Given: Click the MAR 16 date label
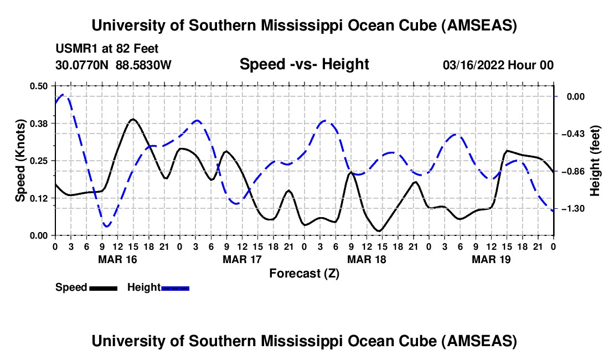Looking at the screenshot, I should (x=117, y=259).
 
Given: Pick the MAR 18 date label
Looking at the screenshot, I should (x=366, y=259).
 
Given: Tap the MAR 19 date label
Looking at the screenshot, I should (x=491, y=259).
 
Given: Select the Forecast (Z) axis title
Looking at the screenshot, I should (x=304, y=273).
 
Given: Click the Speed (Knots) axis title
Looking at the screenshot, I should (x=20, y=161).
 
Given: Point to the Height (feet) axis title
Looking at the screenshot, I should (x=595, y=161).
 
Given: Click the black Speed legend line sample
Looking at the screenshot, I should (x=102, y=287).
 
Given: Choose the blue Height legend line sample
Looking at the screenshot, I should (x=175, y=287).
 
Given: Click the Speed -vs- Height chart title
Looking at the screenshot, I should (x=304, y=64).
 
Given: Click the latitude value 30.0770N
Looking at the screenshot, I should (x=83, y=65).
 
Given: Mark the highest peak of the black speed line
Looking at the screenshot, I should (x=133, y=119).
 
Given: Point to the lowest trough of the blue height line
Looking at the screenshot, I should (x=106, y=226).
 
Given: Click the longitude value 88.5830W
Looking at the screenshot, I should (x=144, y=65).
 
